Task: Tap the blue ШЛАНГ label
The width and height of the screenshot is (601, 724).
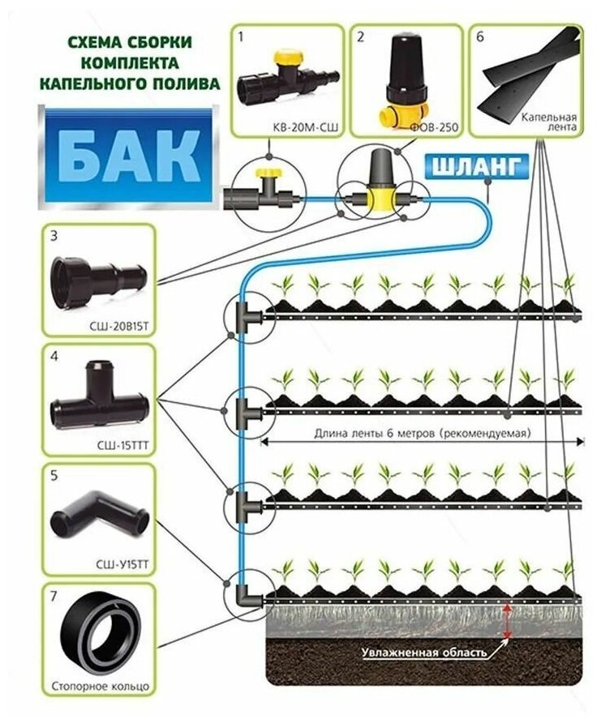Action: (x=479, y=168)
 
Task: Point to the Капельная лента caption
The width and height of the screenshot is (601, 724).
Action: (x=550, y=121)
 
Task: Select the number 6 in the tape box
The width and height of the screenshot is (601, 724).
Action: (x=481, y=36)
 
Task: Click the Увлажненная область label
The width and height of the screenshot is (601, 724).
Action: (x=425, y=651)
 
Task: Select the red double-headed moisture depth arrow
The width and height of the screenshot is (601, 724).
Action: (x=507, y=620)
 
